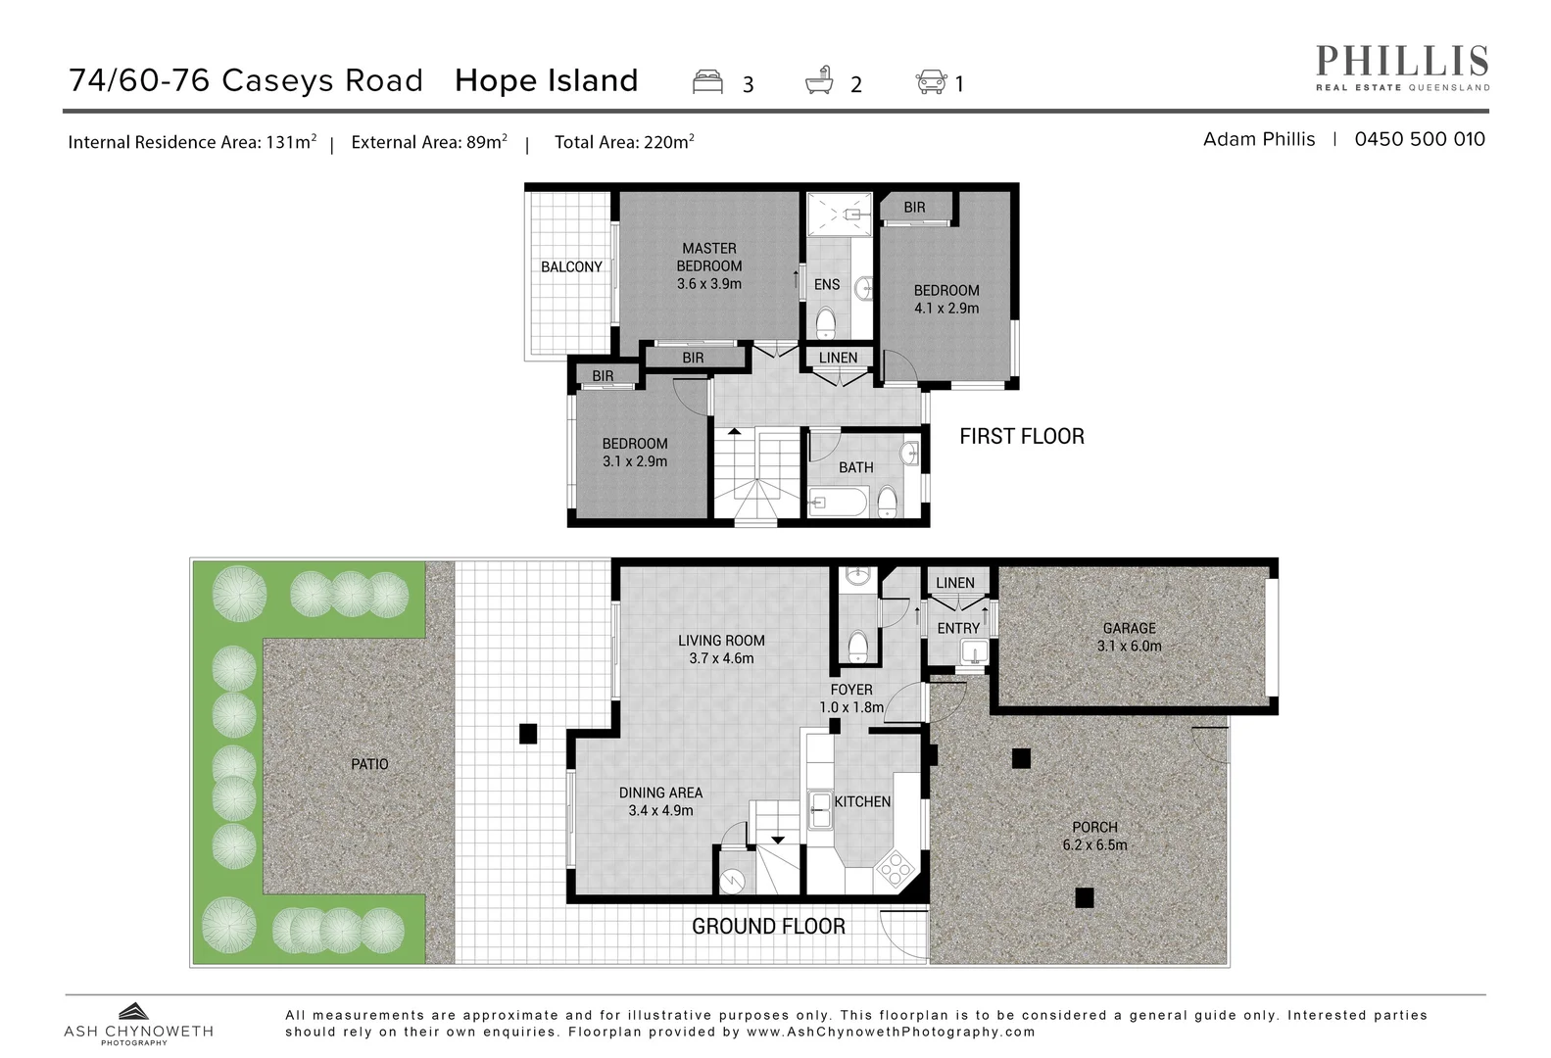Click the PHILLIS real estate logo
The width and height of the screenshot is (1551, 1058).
pos(1401,67)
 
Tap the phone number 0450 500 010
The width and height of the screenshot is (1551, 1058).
pos(1419,139)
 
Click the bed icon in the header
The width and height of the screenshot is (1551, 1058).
pos(707,82)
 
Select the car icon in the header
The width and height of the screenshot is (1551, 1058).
pos(931,82)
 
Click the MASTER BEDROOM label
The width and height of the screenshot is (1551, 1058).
pos(708,258)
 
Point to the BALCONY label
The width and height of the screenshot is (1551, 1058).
pos(571,266)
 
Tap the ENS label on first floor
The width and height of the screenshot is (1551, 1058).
pos(826,284)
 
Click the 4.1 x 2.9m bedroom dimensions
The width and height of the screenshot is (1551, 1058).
pos(945,308)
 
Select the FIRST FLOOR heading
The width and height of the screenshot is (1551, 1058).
pos(1021,436)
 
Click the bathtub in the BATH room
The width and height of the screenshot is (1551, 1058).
pos(838,505)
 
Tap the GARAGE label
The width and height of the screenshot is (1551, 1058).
pos(1129,628)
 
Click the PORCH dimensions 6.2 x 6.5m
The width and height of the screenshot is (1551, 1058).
pos(1094,844)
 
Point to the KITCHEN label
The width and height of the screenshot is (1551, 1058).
pos(862,801)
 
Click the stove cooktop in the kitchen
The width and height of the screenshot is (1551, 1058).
pos(894,867)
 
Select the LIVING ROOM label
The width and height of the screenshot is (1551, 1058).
pos(721,641)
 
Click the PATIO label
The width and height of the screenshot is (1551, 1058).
pos(369,764)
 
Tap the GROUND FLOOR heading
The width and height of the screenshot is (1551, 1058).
pos(768,926)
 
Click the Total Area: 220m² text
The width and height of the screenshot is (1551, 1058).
pos(624,142)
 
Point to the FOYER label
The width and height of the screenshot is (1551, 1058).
pos(850,690)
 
